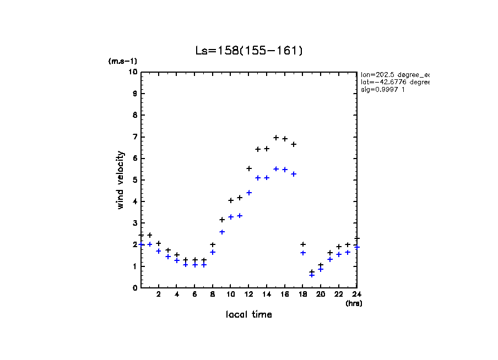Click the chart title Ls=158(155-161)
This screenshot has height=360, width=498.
click(x=249, y=51)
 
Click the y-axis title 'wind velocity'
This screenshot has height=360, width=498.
click(x=120, y=180)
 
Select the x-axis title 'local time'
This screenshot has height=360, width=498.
click(x=249, y=314)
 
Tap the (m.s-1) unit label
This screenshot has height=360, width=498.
click(x=123, y=61)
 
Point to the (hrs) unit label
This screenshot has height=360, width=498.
click(x=354, y=303)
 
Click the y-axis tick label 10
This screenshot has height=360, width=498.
click(x=132, y=72)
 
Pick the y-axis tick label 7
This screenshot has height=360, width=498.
click(x=134, y=137)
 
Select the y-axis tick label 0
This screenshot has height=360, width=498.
click(x=134, y=288)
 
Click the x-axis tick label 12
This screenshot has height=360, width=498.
click(x=248, y=294)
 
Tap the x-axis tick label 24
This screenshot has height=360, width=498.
click(x=356, y=294)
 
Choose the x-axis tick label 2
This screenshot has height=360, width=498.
click(x=159, y=294)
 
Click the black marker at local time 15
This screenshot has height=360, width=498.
click(x=276, y=138)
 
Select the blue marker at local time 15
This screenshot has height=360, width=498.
click(x=276, y=169)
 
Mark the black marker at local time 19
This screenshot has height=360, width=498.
click(x=312, y=272)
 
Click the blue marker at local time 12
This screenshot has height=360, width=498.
click(x=249, y=193)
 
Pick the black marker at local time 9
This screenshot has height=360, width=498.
click(x=222, y=220)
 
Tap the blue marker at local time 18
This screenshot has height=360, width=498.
click(x=303, y=253)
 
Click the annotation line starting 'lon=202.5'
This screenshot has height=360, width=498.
click(x=394, y=74)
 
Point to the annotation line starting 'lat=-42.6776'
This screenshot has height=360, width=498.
click(x=394, y=81)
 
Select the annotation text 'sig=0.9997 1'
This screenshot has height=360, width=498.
click(x=382, y=90)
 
